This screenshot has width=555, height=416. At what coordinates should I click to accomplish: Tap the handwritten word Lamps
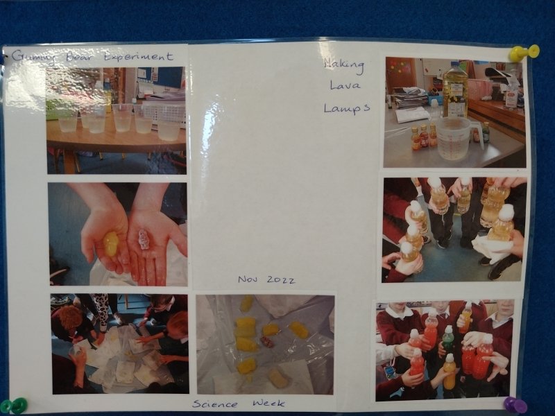[x=346, y=109]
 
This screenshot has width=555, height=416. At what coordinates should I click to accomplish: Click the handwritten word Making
[x=343, y=65]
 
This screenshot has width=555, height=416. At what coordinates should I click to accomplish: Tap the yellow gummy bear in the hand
[x=111, y=243]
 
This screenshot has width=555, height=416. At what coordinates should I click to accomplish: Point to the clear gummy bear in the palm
[x=144, y=239]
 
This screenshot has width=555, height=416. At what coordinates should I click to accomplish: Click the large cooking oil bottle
[x=455, y=90]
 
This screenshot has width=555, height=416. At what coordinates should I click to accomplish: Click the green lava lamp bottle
[x=448, y=339]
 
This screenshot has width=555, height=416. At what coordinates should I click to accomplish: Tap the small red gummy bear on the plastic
[x=266, y=342]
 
